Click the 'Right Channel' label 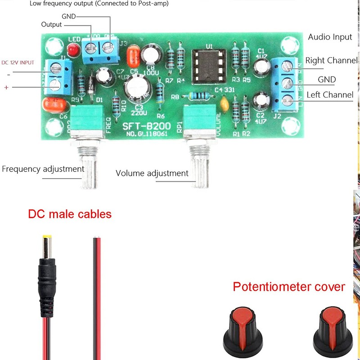pyautogui.click(x=331, y=60)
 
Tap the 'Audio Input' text pyautogui.click(x=330, y=37)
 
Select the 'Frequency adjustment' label pyautogui.click(x=43, y=169)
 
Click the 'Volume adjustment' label pyautogui.click(x=152, y=173)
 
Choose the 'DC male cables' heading pyautogui.click(x=70, y=214)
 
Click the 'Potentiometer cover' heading pyautogui.click(x=289, y=287)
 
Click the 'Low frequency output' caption pyautogui.click(x=99, y=4)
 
